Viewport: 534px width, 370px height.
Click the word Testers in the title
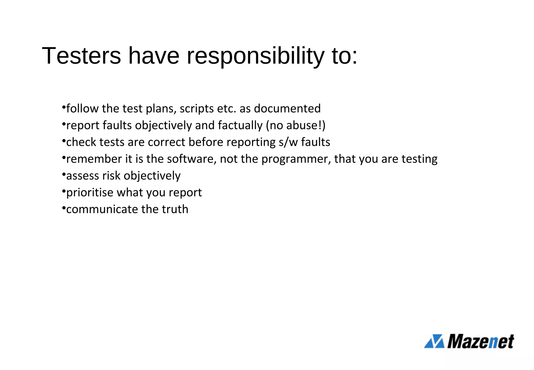[81, 56]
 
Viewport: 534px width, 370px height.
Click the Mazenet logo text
[481, 341]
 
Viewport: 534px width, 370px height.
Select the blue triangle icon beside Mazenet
[434, 341]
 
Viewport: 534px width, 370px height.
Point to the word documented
[287, 109]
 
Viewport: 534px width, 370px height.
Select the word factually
[240, 126]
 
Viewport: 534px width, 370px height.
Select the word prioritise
[90, 193]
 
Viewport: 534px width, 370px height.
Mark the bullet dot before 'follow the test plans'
[64, 107]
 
